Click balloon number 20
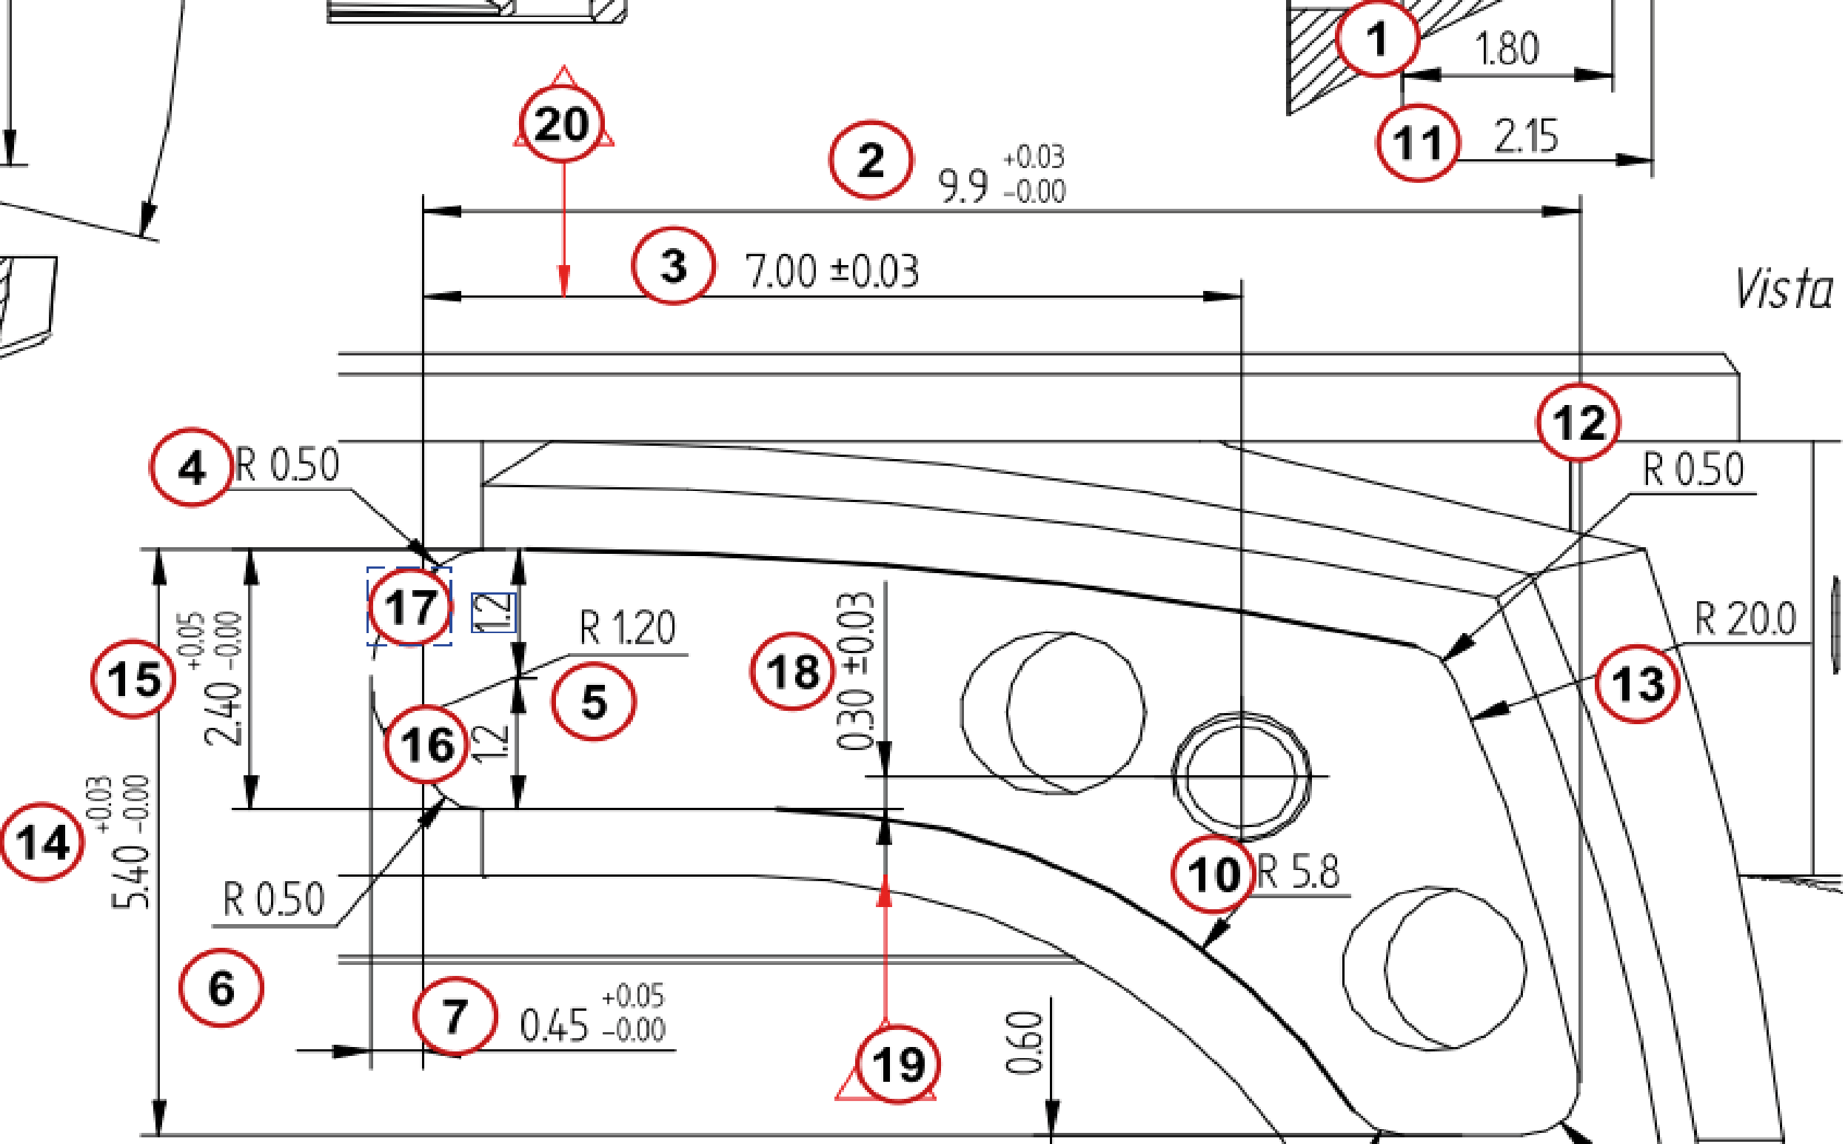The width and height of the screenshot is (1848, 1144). click(x=561, y=124)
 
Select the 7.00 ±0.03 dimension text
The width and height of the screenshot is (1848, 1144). click(x=832, y=271)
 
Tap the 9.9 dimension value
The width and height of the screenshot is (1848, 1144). click(x=962, y=186)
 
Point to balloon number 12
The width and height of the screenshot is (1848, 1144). click(x=1578, y=422)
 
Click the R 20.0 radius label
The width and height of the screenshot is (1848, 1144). click(x=1744, y=619)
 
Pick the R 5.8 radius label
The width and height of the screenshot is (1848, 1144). click(x=1298, y=872)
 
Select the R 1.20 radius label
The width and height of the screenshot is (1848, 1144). click(x=627, y=628)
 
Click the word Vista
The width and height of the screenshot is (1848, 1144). click(x=1784, y=290)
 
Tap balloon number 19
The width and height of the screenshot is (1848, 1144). click(x=899, y=1066)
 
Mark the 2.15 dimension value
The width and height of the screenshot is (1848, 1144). click(x=1526, y=137)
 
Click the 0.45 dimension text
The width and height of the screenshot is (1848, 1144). click(x=555, y=1026)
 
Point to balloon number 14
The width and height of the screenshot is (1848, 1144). click(x=42, y=842)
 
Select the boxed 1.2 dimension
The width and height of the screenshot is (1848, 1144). click(x=493, y=612)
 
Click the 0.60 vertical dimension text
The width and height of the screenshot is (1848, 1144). click(x=1024, y=1043)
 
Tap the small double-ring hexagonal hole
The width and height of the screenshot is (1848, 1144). click(x=1242, y=776)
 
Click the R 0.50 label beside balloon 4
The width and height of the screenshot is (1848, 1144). click(x=287, y=465)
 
